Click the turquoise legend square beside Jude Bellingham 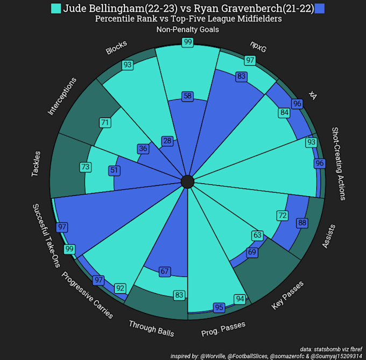pyautogui.click(x=55, y=9)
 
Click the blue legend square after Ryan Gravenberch pyautogui.click(x=320, y=9)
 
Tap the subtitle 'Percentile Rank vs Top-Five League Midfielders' pyautogui.click(x=188, y=19)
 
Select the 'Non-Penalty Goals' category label pyautogui.click(x=187, y=30)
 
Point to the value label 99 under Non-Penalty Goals pyautogui.click(x=188, y=42)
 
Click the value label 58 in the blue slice pyautogui.click(x=187, y=96)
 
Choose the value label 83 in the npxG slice pyautogui.click(x=241, y=77)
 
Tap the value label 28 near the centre pyautogui.click(x=167, y=141)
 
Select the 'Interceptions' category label pyautogui.click(x=62, y=96)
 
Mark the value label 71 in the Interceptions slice pyautogui.click(x=105, y=123)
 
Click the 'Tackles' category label pyautogui.click(x=36, y=162)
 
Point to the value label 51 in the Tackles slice pyautogui.click(x=114, y=170)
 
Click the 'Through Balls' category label pyautogui.click(x=151, y=328)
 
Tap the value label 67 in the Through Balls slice pyautogui.click(x=165, y=272)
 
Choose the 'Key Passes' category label pyautogui.click(x=288, y=295)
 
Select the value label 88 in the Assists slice pyautogui.click(x=302, y=223)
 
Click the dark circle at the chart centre pyautogui.click(x=187, y=182)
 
